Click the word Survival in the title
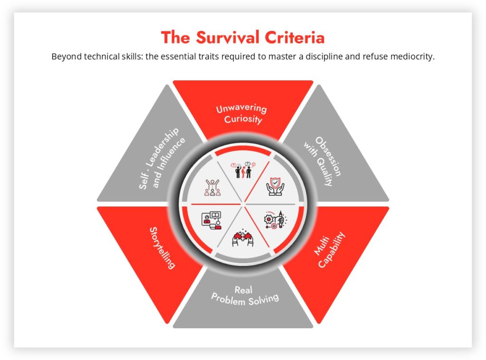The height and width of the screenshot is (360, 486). pos(227,38)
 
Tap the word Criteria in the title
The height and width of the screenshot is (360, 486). pos(294,38)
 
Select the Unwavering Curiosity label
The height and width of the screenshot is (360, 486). pos(242,114)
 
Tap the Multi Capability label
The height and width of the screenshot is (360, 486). pos(329,250)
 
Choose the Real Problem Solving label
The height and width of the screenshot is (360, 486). pos(244,295)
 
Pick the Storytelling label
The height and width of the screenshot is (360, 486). pos(162,248)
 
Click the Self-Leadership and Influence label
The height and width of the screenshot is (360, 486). pos(162,158)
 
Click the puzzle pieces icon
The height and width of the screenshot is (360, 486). pos(243,238)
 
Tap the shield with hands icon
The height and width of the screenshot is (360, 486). pos(275,186)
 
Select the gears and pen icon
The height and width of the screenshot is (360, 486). pos(275,220)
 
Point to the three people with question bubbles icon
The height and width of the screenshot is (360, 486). pos(243,170)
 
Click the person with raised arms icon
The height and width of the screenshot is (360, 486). pos(212,188)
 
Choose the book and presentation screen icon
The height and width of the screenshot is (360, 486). pos(211,220)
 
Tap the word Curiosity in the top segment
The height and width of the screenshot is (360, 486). pos(243,119)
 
